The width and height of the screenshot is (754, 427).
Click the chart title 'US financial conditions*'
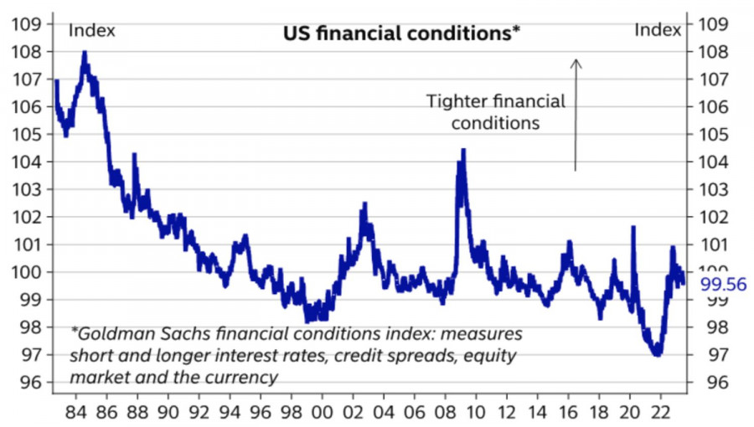(400, 33)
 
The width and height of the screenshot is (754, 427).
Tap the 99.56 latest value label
(722, 286)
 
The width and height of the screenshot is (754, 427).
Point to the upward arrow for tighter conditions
(576, 113)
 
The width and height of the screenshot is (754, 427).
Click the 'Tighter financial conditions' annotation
(496, 112)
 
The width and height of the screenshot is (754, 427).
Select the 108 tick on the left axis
(28, 52)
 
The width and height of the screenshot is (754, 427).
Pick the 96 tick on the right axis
(712, 383)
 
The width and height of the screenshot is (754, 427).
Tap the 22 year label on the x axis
(658, 412)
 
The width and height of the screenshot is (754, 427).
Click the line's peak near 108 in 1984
(85, 53)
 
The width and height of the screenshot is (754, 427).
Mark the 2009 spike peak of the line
(462, 150)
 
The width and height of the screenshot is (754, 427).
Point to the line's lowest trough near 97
(657, 355)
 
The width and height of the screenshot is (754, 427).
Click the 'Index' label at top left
(91, 31)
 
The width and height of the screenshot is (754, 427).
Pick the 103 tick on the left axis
(28, 189)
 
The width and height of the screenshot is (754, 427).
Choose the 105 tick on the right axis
(712, 134)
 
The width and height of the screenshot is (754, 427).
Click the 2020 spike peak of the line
(633, 227)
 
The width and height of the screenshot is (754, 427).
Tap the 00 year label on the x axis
(319, 412)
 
